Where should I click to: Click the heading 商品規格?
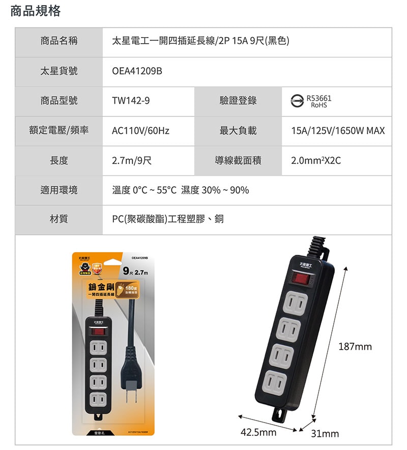click(x=36, y=11)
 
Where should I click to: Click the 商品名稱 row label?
click(x=59, y=42)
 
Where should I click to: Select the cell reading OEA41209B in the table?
click(x=137, y=72)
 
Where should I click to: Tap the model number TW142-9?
click(x=131, y=101)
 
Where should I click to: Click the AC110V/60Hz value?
click(x=140, y=131)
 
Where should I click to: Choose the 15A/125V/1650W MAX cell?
click(x=337, y=131)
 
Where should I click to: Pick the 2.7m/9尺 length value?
click(x=131, y=161)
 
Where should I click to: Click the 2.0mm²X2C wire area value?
click(x=315, y=161)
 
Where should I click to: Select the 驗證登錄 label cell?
click(x=238, y=101)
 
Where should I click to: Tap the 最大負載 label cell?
click(x=238, y=131)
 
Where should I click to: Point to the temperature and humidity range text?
click(x=180, y=190)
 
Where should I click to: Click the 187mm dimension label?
click(x=355, y=347)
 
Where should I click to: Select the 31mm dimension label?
click(x=325, y=434)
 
